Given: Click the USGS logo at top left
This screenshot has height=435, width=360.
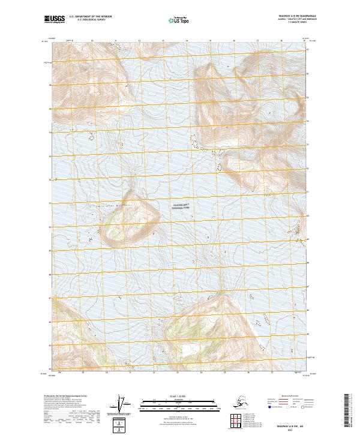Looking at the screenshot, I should click(x=53, y=20).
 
